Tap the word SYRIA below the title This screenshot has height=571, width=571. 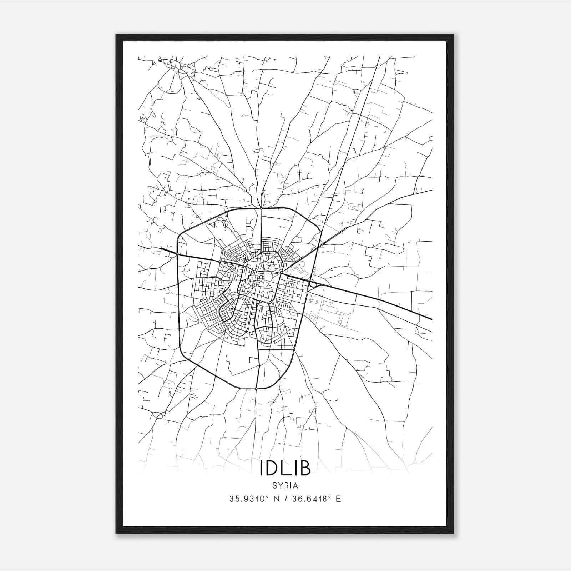pos(285,486)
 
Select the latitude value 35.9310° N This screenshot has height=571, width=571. pos(256,499)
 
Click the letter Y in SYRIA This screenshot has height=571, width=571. pos(280,486)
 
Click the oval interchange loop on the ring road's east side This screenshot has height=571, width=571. pos(314,284)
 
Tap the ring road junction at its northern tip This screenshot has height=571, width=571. pos(261,207)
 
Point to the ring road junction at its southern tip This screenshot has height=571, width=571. pos(256,388)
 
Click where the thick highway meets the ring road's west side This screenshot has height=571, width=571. pos(177,254)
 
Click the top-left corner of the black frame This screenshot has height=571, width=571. pos(117,35)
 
